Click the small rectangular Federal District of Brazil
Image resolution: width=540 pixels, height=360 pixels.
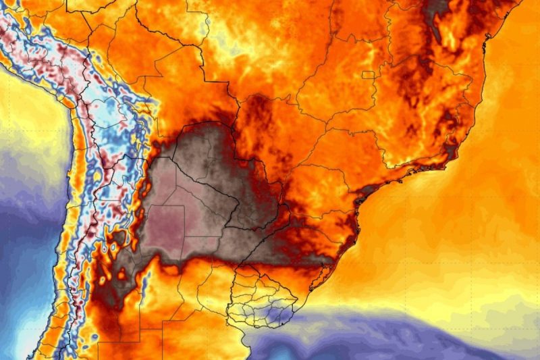coord(369,76)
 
